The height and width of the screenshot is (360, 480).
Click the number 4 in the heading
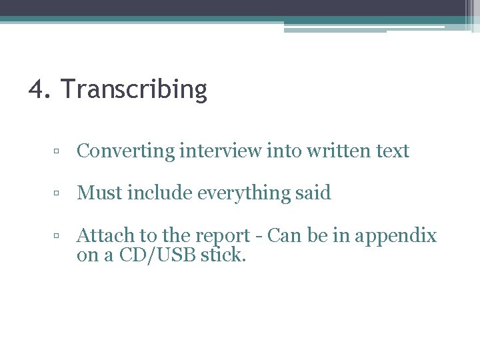coord(37,89)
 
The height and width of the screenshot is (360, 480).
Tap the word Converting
coord(125,151)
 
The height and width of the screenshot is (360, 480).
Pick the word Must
coord(99,193)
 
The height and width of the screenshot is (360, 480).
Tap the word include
coord(158,193)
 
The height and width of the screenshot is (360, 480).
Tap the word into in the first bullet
coord(285,151)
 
